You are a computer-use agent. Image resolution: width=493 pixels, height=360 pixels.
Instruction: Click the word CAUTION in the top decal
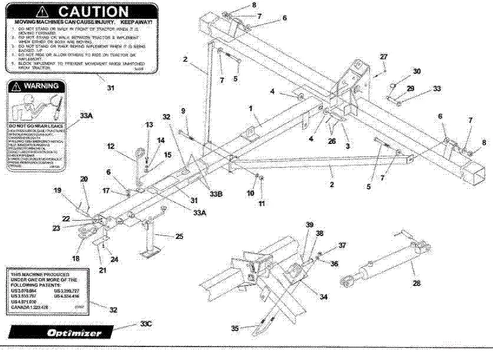[x=93, y=12]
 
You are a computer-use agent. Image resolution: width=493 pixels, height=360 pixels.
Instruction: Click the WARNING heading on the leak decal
[x=40, y=87]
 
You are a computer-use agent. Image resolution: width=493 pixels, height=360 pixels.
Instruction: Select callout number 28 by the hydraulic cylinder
[x=416, y=284]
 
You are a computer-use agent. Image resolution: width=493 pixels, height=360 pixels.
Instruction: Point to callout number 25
[x=180, y=236]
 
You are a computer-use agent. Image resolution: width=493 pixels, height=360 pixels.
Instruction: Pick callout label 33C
[x=146, y=323]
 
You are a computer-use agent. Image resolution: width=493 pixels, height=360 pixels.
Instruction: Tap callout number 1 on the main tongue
[x=250, y=109]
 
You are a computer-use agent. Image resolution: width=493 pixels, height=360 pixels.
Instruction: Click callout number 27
[x=383, y=57]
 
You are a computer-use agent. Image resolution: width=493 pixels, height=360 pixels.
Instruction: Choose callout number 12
[x=110, y=146]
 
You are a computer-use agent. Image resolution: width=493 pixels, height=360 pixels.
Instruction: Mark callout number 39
[x=309, y=225]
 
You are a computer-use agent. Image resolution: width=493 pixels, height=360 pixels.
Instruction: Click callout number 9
[x=183, y=110]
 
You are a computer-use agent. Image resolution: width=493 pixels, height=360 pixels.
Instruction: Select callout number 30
[x=417, y=71]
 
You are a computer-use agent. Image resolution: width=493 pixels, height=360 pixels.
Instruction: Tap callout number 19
[x=58, y=190]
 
